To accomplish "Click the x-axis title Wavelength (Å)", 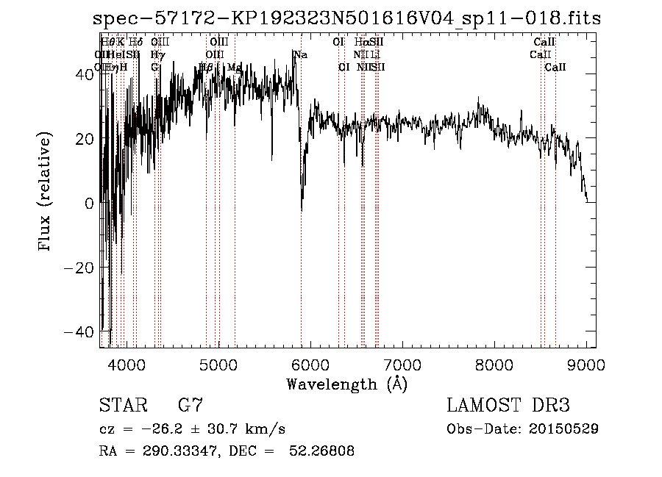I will click(x=346, y=384).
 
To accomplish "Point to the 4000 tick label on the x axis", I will click(x=127, y=364).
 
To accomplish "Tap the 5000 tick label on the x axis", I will click(x=218, y=364).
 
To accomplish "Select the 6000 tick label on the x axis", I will click(x=310, y=364).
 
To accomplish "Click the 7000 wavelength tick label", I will click(x=402, y=364).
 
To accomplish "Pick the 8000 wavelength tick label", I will click(x=494, y=364).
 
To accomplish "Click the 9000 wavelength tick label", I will click(x=586, y=364).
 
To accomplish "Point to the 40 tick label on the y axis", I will click(x=82, y=74).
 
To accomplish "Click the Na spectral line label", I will click(x=300, y=54).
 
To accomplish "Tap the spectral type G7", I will click(x=191, y=406).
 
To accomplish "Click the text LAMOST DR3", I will click(x=508, y=406).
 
